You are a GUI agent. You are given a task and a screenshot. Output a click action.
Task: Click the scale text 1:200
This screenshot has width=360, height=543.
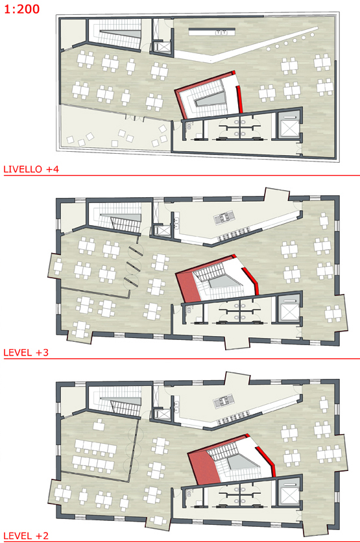22,8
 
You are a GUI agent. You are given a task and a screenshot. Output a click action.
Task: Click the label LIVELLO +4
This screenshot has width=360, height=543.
31,169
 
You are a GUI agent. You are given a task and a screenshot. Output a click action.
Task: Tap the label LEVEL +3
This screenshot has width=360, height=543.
26,352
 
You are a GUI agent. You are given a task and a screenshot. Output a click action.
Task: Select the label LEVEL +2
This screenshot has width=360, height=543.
26,536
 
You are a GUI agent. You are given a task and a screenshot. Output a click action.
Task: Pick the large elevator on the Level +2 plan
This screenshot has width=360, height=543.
289,493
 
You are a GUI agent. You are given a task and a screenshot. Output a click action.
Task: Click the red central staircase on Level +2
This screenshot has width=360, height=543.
231,458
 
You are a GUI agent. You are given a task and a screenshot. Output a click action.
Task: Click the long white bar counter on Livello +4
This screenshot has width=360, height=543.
212,32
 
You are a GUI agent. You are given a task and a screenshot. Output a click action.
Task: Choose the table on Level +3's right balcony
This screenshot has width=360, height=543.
333,315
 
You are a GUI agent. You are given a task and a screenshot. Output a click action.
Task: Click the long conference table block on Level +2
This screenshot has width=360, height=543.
95,455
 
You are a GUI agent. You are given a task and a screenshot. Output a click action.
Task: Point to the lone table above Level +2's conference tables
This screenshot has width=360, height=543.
99,424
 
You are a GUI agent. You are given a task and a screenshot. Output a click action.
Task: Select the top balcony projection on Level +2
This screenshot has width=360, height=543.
237,378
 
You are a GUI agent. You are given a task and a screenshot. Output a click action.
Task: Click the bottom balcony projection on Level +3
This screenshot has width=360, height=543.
237,342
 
